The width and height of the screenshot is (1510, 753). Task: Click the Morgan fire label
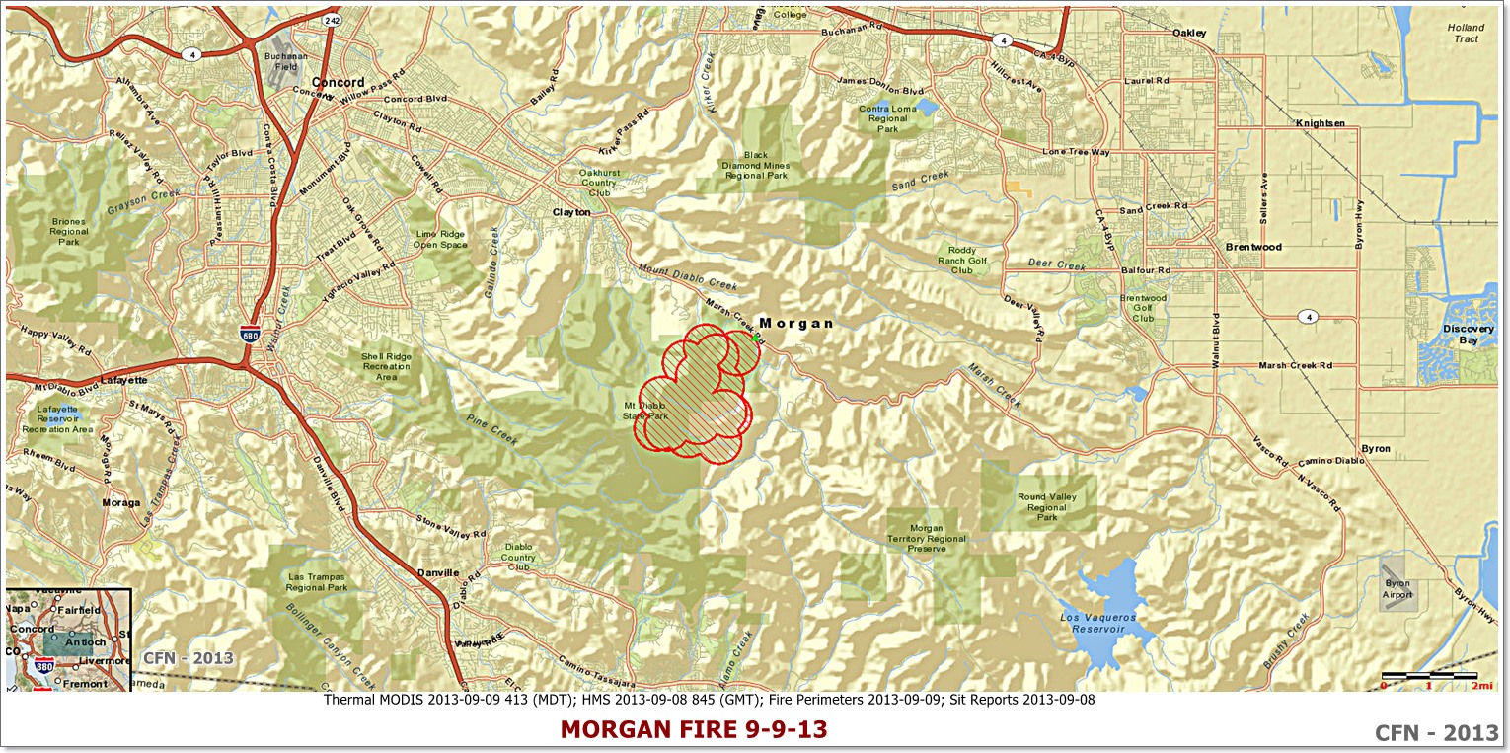pyautogui.click(x=795, y=323)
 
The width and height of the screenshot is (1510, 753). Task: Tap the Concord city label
pyautogui.click(x=338, y=82)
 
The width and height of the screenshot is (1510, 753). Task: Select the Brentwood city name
pyautogui.click(x=1252, y=246)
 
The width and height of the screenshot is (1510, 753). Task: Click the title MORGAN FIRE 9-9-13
pyautogui.click(x=694, y=729)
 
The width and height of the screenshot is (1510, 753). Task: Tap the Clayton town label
pyautogui.click(x=570, y=212)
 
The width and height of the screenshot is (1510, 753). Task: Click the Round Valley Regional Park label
pyautogui.click(x=1046, y=507)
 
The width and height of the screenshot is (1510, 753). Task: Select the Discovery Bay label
pyautogui.click(x=1468, y=335)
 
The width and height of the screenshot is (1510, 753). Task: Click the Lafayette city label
pyautogui.click(x=123, y=380)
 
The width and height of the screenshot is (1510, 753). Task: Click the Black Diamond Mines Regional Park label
pyautogui.click(x=756, y=165)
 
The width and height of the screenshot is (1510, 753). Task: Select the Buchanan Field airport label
pyautogui.click(x=279, y=62)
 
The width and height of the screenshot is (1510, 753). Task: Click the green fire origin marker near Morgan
pyautogui.click(x=756, y=338)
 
